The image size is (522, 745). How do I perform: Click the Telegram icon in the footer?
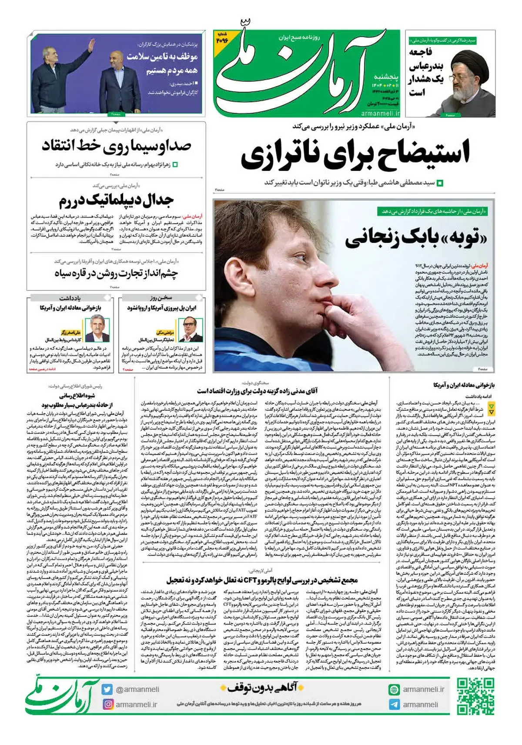pos(394,705)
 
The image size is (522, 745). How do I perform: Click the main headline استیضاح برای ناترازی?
pos(355,154)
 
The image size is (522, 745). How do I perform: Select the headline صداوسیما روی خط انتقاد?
pos(117,146)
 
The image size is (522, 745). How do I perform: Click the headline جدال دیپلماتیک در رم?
pos(116,200)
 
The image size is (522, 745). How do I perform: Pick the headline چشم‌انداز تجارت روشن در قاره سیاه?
pos(116,273)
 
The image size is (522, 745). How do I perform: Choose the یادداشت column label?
pos(70,298)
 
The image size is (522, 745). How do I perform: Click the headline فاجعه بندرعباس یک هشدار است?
pos(426,72)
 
